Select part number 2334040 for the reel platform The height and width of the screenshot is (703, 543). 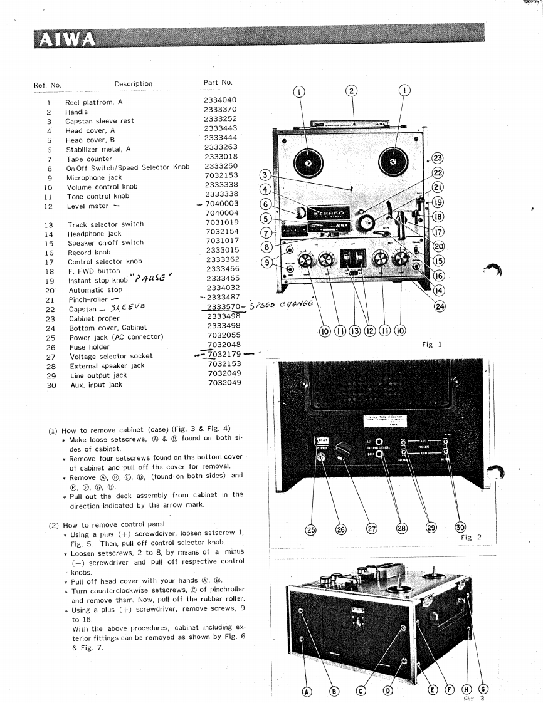tap(220, 100)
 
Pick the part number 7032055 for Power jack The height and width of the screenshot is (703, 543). tap(224, 336)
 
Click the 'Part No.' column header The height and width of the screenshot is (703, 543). tap(218, 82)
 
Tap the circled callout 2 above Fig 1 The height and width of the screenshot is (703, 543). tap(352, 91)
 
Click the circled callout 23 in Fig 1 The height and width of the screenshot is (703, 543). tap(438, 159)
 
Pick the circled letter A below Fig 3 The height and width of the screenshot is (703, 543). tap(307, 691)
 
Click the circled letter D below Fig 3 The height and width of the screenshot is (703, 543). tap(388, 691)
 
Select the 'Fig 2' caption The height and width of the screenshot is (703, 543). tap(466, 538)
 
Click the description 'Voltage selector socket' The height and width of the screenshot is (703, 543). tap(111, 356)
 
